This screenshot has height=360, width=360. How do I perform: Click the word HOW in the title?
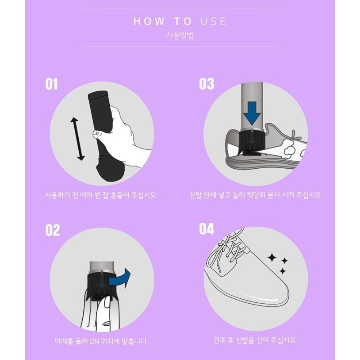click(x=149, y=21)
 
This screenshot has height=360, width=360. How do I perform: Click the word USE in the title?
click(x=213, y=21)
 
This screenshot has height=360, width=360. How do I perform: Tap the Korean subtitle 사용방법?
click(x=180, y=36)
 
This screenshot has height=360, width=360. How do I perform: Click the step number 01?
click(x=51, y=84)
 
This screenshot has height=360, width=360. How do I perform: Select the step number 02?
click(x=53, y=230)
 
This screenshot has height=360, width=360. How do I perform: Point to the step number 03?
click(x=207, y=84)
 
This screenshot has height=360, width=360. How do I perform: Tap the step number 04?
click(x=207, y=229)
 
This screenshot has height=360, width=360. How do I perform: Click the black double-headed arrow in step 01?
click(x=77, y=139)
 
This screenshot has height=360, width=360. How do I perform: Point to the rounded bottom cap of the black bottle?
click(x=110, y=168)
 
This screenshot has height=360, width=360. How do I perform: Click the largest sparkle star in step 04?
click(x=272, y=257)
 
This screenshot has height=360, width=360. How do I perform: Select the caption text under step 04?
click(x=255, y=340)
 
